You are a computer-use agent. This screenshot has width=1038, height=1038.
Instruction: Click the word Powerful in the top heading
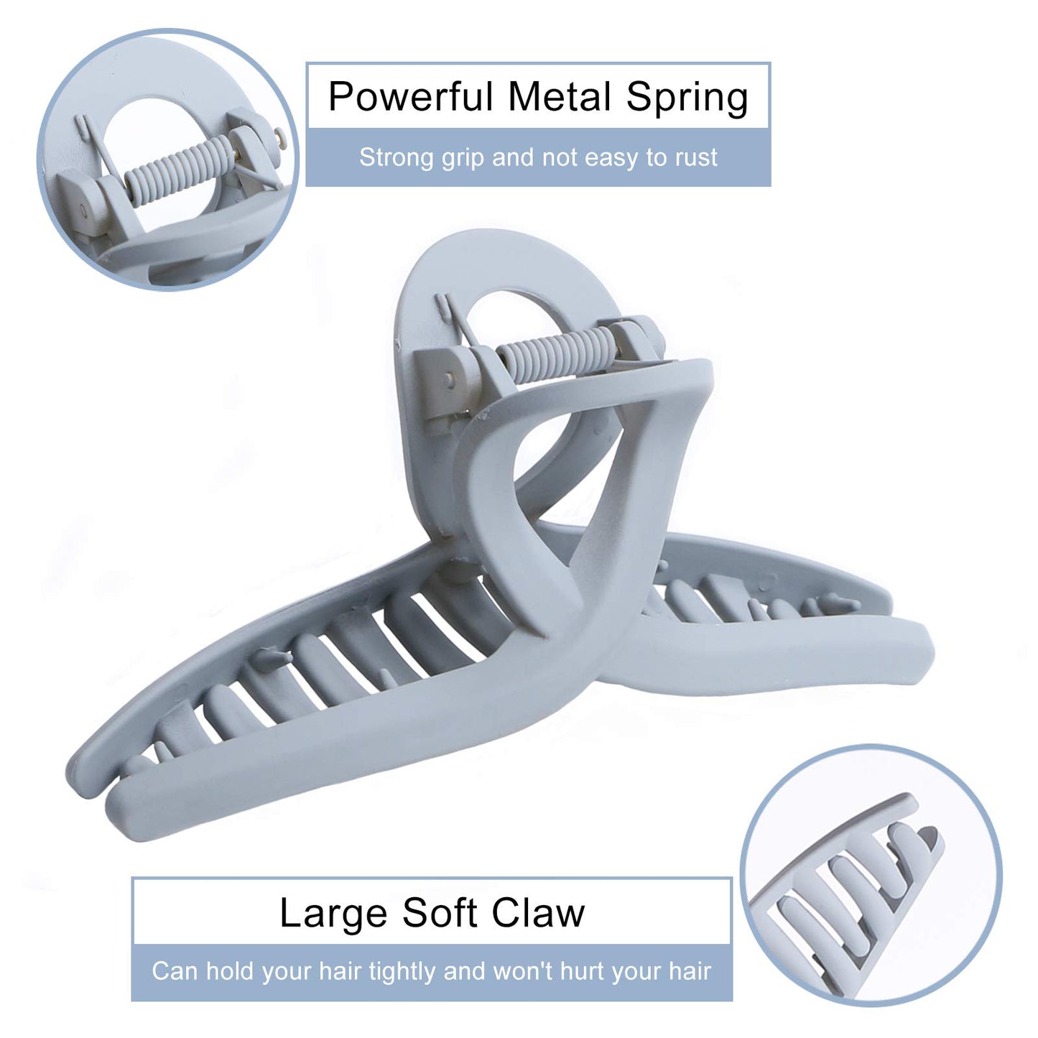point(411,97)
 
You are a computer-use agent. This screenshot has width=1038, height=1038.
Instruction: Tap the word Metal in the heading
point(560,97)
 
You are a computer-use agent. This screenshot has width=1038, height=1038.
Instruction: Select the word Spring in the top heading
point(687,98)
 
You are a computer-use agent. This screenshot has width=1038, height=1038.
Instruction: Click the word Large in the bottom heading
point(333,914)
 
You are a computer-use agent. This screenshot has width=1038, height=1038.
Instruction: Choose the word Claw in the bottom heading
point(538,913)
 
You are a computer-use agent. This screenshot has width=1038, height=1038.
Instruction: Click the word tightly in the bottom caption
point(402,972)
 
